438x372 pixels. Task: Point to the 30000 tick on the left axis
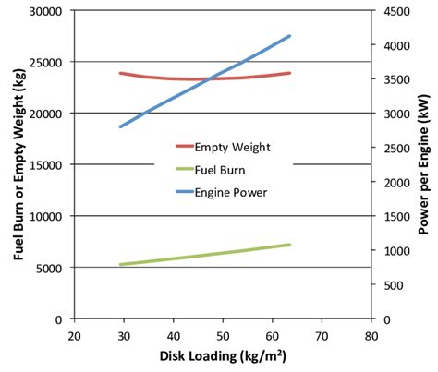45,11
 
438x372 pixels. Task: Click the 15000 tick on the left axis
45,164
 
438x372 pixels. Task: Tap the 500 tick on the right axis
389,285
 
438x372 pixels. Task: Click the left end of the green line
120,265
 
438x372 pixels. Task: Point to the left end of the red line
120,73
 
